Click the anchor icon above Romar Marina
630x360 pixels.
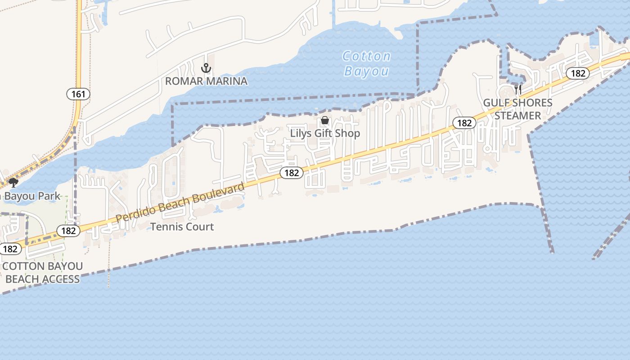click(206, 68)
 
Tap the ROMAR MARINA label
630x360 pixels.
click(206, 81)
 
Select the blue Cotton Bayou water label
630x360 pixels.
click(366, 63)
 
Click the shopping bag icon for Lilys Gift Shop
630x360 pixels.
click(325, 121)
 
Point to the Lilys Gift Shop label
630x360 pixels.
click(325, 133)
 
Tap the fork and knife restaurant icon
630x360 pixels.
click(518, 89)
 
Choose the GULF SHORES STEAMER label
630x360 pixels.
click(517, 109)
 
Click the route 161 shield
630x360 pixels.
click(78, 94)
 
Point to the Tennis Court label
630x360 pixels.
click(182, 227)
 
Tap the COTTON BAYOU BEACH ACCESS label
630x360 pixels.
click(43, 273)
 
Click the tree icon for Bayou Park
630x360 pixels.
click(13, 182)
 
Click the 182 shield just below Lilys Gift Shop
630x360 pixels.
click(292, 173)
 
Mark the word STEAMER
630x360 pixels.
click(517, 116)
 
